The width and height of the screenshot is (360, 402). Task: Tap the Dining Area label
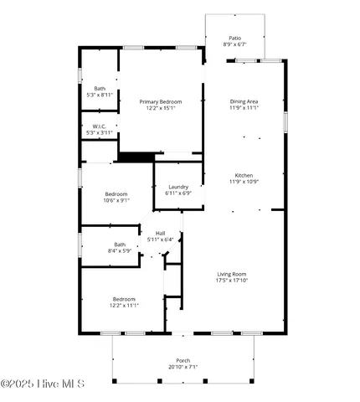244,101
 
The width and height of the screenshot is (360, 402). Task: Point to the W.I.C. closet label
100,126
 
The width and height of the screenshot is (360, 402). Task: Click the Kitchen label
244,175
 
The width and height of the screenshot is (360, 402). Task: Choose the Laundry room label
178,187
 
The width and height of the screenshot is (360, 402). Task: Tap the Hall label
160,233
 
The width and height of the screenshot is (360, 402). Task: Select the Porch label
183,360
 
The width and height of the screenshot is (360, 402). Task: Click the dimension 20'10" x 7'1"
183,367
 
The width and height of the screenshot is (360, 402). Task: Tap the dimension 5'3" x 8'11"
100,95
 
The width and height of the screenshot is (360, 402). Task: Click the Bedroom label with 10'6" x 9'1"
116,193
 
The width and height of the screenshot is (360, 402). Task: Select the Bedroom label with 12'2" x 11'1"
124,299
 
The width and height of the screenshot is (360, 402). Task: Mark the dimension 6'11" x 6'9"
178,193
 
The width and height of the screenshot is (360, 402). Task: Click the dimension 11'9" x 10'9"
244,182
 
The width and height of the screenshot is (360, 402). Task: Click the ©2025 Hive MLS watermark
43,384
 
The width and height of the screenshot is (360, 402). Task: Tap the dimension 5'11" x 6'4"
160,240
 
